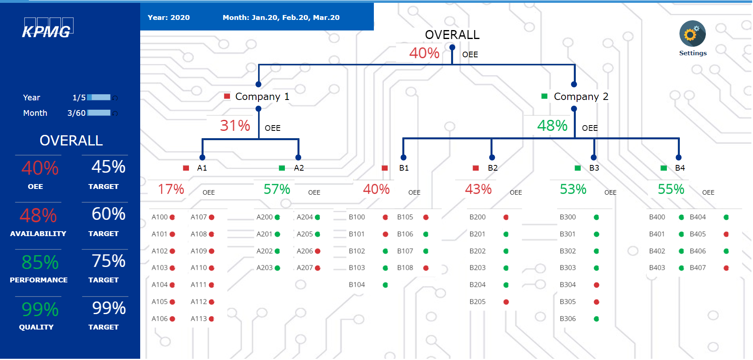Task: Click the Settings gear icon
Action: click(x=692, y=34)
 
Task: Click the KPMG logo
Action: click(x=47, y=29)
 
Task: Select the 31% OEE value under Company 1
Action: click(x=235, y=126)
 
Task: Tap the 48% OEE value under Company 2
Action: click(x=552, y=126)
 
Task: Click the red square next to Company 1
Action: click(x=227, y=96)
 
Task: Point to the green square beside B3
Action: click(x=577, y=168)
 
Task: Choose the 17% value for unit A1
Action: click(x=171, y=189)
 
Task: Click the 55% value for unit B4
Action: click(x=671, y=189)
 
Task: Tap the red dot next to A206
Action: click(x=318, y=251)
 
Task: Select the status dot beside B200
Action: click(x=506, y=217)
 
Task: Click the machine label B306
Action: click(x=567, y=319)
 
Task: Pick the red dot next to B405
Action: click(x=726, y=234)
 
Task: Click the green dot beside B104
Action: click(x=385, y=285)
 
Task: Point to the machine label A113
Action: click(x=199, y=319)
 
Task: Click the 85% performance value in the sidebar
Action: click(x=40, y=262)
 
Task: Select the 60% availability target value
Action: click(x=109, y=214)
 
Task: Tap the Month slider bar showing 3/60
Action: click(x=99, y=113)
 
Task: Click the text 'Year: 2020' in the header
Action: click(x=169, y=17)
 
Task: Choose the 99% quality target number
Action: click(x=109, y=308)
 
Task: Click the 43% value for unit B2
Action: click(x=478, y=189)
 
